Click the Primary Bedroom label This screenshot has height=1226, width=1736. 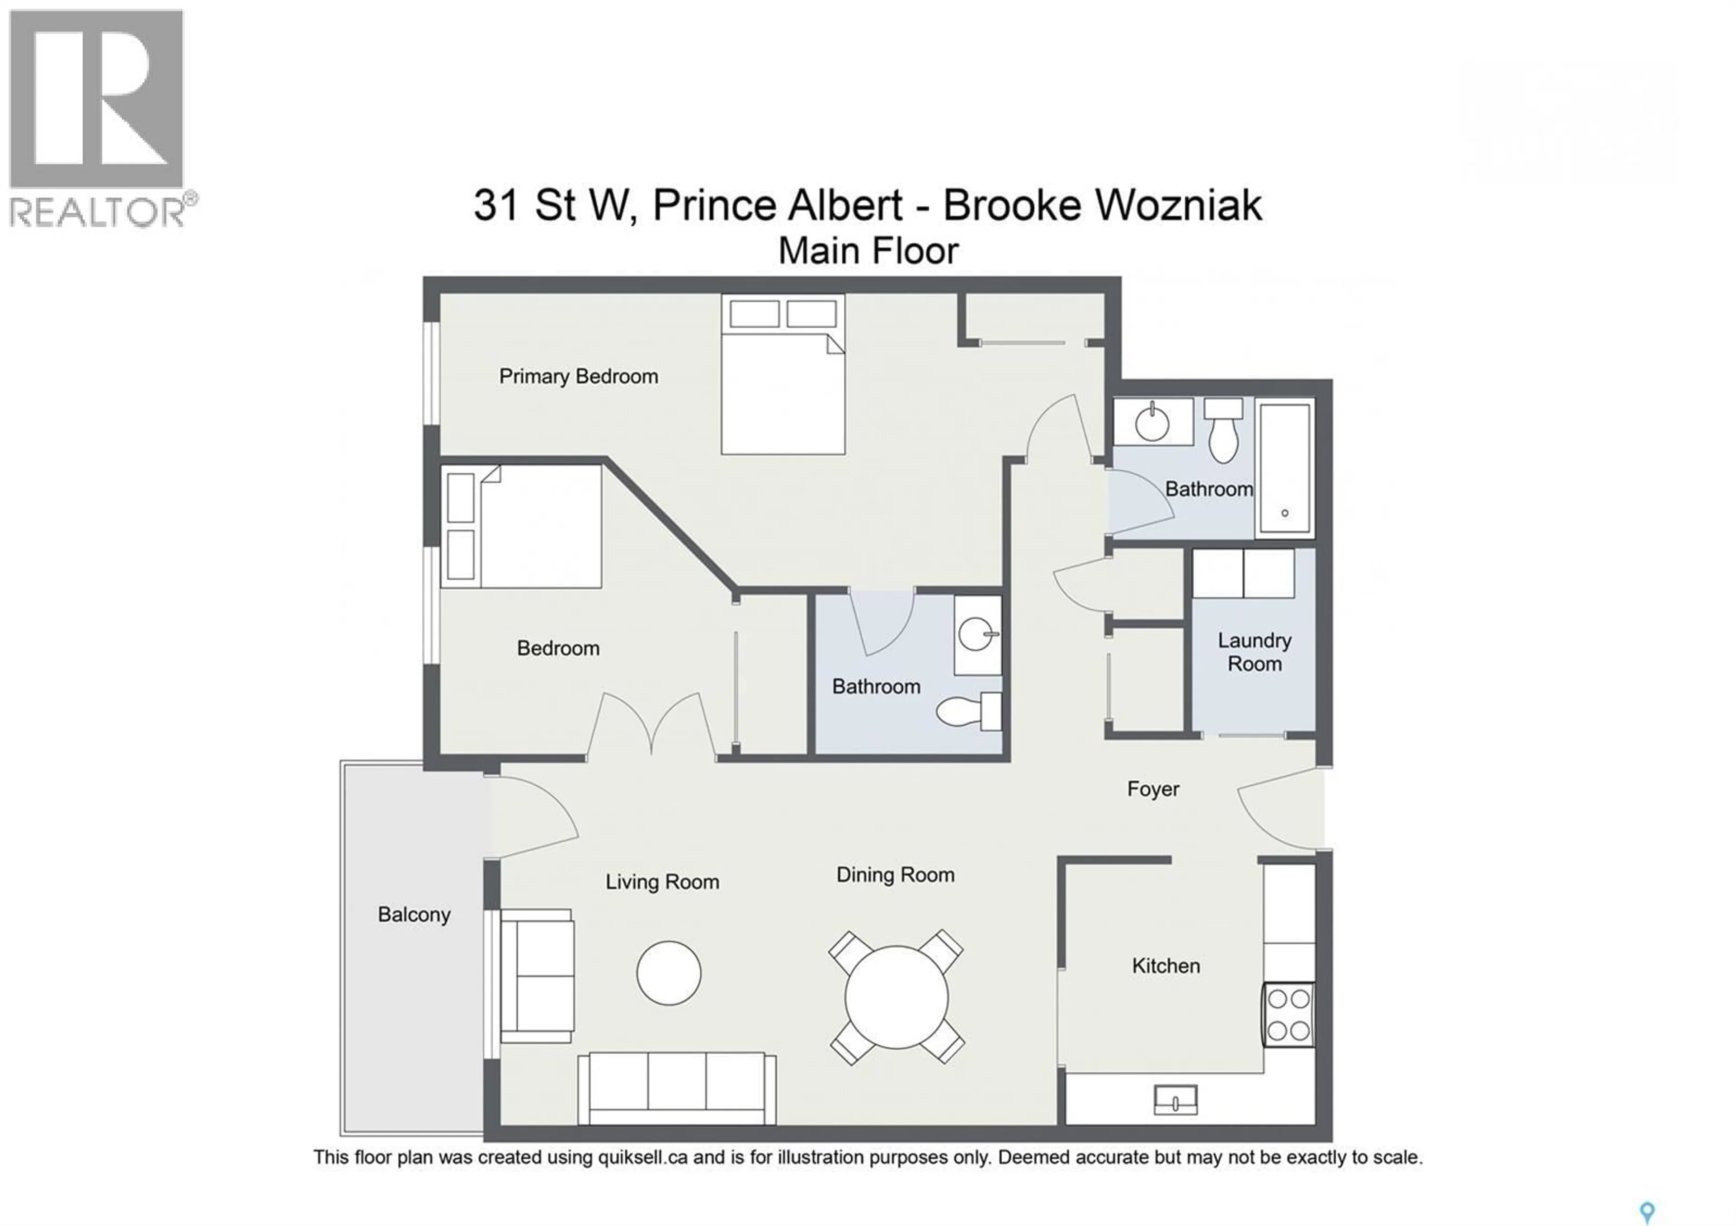tap(578, 377)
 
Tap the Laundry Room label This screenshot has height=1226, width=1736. tap(1255, 651)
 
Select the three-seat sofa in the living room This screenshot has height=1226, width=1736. tap(677, 1089)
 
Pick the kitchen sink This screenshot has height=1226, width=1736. tap(1176, 1100)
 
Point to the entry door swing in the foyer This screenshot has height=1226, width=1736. tap(1279, 809)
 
